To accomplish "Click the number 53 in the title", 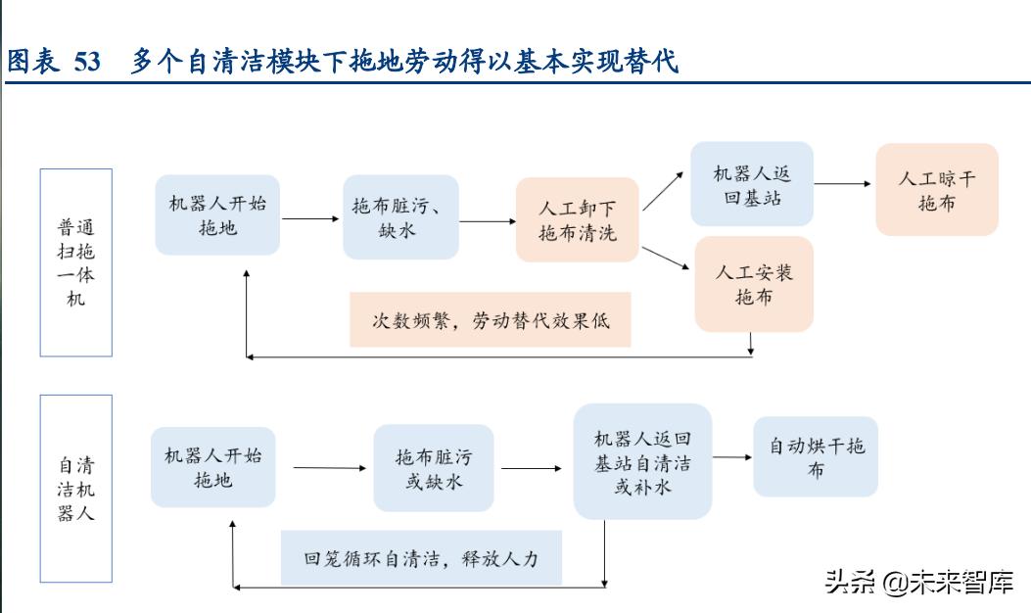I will (86, 62).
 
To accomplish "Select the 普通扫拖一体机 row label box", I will (75, 261).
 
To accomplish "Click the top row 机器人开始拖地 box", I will (216, 215).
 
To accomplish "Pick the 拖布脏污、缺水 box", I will (400, 217).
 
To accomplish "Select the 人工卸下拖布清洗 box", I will (578, 220).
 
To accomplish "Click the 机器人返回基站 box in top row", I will (751, 185).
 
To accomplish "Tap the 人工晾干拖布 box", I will (936, 190).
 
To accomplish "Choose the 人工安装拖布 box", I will (753, 283).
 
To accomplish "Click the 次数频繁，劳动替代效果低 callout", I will (490, 320).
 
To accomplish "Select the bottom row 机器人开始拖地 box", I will (212, 467).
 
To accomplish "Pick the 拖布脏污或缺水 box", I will (434, 468).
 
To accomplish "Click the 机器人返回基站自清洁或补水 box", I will (641, 461).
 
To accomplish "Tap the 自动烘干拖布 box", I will (815, 457).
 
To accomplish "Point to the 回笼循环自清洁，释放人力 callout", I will (421, 558).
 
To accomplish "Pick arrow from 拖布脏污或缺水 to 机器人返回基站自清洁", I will (536, 468).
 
